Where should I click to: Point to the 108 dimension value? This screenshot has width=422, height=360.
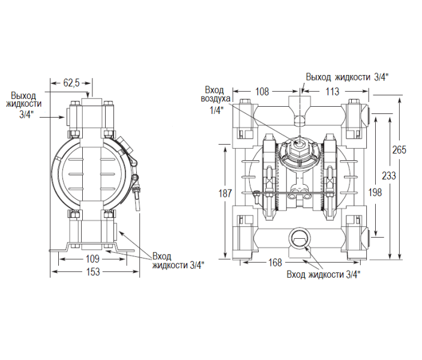pyautogui.click(x=262, y=92)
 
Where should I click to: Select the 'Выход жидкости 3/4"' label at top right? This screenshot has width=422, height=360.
pyautogui.click(x=347, y=77)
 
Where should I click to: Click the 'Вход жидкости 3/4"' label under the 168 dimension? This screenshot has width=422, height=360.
pyautogui.click(x=323, y=275)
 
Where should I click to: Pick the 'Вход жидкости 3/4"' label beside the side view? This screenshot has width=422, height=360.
pyautogui.click(x=178, y=260)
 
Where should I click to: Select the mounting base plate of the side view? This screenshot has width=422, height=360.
pyautogui.click(x=92, y=247)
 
